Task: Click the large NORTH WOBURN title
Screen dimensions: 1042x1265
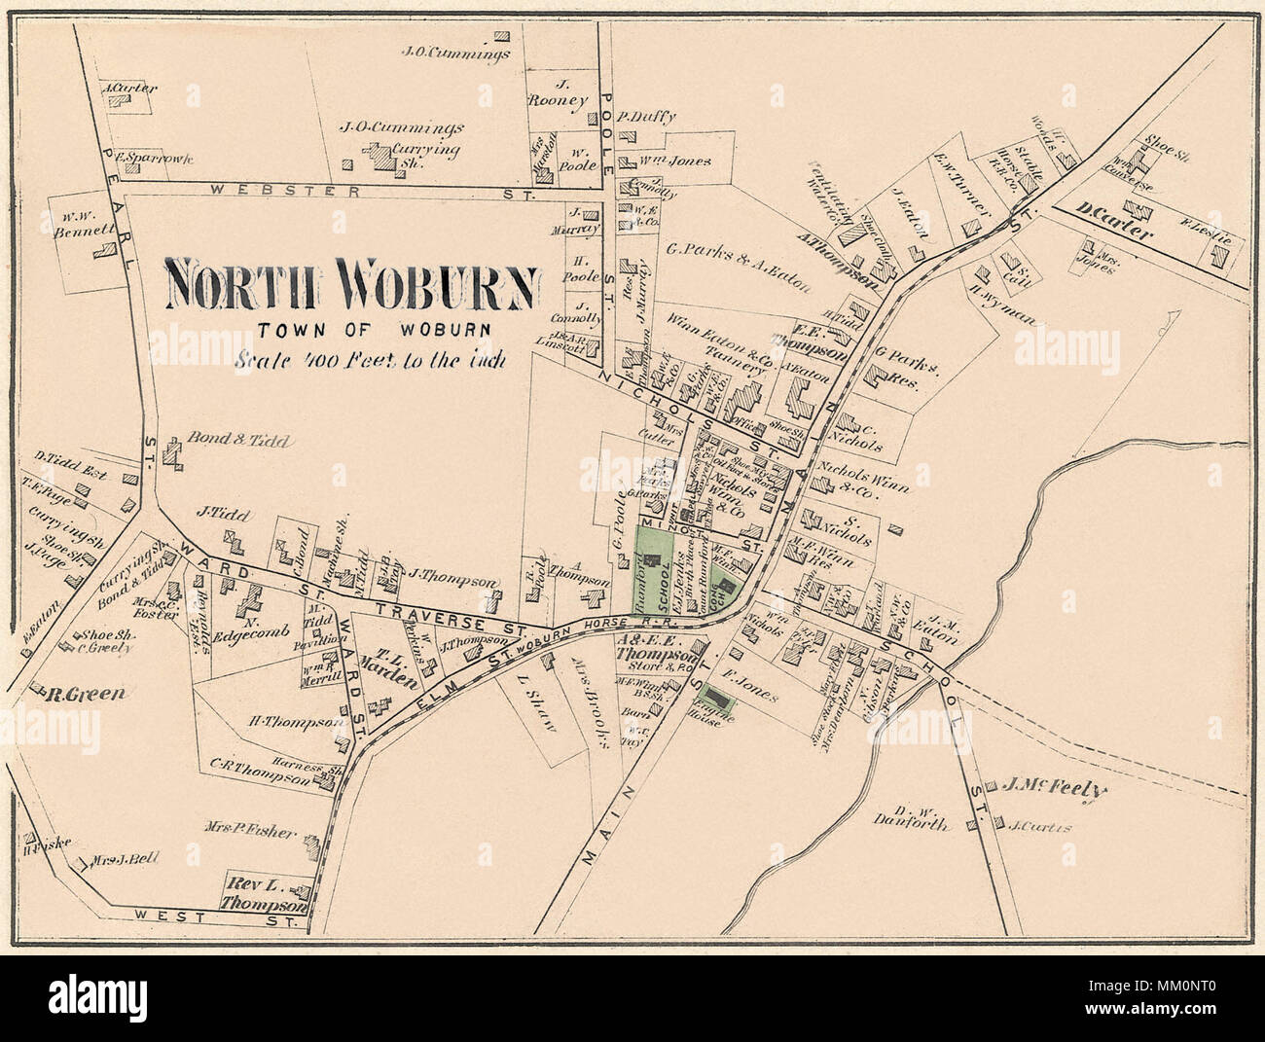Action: point(351,283)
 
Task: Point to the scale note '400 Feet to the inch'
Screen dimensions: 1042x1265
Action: point(370,356)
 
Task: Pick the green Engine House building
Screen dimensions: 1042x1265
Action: point(718,698)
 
